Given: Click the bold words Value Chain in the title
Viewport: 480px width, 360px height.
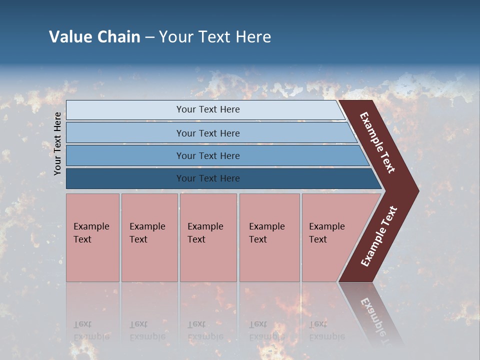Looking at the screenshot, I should coord(94,37).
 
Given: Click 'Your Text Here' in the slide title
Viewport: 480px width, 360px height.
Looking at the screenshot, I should coord(215,37).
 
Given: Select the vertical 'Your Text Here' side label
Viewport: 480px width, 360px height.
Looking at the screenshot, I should coord(58,143).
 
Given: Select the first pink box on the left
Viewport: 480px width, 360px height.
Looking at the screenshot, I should coord(92,237).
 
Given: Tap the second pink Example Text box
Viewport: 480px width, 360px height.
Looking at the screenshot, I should coord(149,237).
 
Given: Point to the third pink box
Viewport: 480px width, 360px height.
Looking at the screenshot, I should coord(208,237).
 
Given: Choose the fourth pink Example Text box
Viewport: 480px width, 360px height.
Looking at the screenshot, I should coord(269,237).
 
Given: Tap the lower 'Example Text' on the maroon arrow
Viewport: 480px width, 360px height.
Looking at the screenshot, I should coord(379,236).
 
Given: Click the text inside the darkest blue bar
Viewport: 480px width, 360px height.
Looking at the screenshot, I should coord(208,178).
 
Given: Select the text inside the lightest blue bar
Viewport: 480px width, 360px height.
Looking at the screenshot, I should coord(208,109).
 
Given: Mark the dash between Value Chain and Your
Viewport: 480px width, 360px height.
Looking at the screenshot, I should coord(149,37).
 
